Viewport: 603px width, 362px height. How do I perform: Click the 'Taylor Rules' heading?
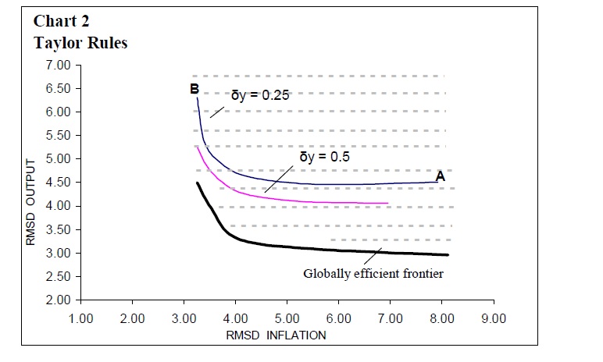click(80, 43)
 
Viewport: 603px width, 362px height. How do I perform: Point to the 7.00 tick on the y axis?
click(59, 64)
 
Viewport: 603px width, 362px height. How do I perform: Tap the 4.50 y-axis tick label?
click(59, 182)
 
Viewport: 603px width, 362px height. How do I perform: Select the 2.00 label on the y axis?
click(59, 300)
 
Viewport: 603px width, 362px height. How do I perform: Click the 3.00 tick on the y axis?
click(59, 253)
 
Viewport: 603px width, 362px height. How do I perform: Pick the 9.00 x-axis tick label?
click(494, 318)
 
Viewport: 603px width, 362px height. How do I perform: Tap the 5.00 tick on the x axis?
click(287, 318)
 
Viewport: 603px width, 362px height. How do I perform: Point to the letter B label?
click(194, 88)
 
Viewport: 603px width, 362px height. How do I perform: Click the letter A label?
click(441, 177)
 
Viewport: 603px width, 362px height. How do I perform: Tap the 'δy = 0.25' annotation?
click(259, 96)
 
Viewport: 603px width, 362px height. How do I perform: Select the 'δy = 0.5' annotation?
click(324, 156)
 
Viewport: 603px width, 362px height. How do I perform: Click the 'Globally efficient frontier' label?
click(373, 274)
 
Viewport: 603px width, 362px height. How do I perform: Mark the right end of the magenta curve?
click(388, 204)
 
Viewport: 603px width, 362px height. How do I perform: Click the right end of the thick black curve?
click(448, 254)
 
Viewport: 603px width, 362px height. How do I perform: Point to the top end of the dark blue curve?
click(198, 98)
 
